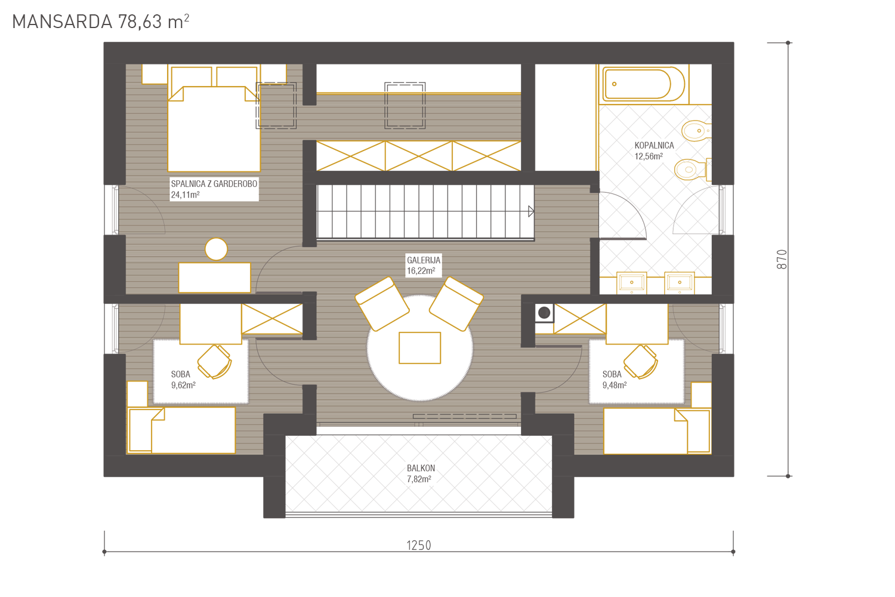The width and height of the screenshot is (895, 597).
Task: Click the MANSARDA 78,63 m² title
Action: [x=101, y=21]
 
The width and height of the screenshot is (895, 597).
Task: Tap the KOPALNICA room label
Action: [x=654, y=146]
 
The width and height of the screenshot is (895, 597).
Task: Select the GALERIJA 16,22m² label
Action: [x=424, y=266]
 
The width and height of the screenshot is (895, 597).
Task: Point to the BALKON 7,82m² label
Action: [x=421, y=473]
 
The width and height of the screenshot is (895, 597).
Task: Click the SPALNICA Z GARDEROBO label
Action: [x=214, y=184]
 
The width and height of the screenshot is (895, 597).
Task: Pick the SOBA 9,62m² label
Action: [x=183, y=380]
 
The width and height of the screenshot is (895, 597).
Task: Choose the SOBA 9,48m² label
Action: [x=615, y=380]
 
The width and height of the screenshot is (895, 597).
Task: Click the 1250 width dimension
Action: [x=419, y=546]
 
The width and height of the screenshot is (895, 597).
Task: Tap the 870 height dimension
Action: [x=782, y=260]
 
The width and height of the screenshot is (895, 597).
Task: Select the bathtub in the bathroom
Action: [x=644, y=84]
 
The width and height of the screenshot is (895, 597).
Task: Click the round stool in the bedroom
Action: [x=216, y=249]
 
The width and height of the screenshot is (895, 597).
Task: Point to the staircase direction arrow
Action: [x=531, y=211]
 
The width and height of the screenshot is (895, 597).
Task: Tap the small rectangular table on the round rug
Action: [x=419, y=348]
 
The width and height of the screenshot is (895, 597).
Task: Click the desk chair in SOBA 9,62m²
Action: [x=215, y=362]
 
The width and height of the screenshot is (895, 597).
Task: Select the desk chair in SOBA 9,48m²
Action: [x=640, y=362]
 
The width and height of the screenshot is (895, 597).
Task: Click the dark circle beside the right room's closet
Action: [x=544, y=313]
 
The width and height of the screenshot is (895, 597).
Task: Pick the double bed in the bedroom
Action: [x=214, y=129]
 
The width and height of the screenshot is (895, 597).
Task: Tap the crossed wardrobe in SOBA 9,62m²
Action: [x=271, y=319]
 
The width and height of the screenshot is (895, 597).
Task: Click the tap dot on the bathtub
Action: [x=614, y=84]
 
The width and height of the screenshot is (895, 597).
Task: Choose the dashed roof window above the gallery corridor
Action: [x=405, y=106]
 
